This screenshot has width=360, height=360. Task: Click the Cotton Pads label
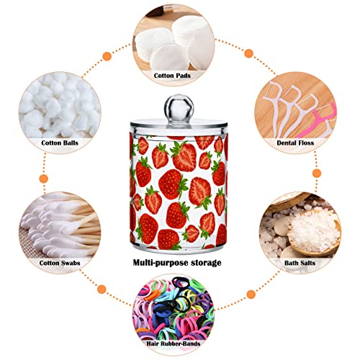[x=172, y=76]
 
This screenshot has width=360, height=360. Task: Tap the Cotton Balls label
[x=60, y=143]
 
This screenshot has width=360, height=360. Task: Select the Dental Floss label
[x=295, y=143]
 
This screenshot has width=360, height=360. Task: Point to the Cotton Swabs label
[x=60, y=263]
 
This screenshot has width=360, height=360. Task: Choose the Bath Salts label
[x=300, y=263]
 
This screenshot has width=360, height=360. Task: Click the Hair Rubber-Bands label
[x=174, y=343]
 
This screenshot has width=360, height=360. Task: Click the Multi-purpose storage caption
[x=177, y=263]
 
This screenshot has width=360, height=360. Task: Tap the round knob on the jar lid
[x=179, y=107]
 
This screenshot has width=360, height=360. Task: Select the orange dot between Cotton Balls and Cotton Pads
[x=107, y=57]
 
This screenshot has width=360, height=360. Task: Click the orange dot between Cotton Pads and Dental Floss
[x=249, y=53]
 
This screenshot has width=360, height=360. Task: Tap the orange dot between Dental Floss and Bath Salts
[x=317, y=173]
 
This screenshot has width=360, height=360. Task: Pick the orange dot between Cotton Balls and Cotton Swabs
[x=44, y=179]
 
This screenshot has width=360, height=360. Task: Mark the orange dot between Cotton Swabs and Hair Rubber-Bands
[x=102, y=289]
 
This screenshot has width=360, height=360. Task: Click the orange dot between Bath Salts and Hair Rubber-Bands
[x=251, y=294]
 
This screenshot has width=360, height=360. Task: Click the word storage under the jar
[x=206, y=263]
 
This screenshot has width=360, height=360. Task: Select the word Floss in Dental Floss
[x=305, y=143]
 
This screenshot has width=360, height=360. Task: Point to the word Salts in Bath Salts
[x=307, y=263]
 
